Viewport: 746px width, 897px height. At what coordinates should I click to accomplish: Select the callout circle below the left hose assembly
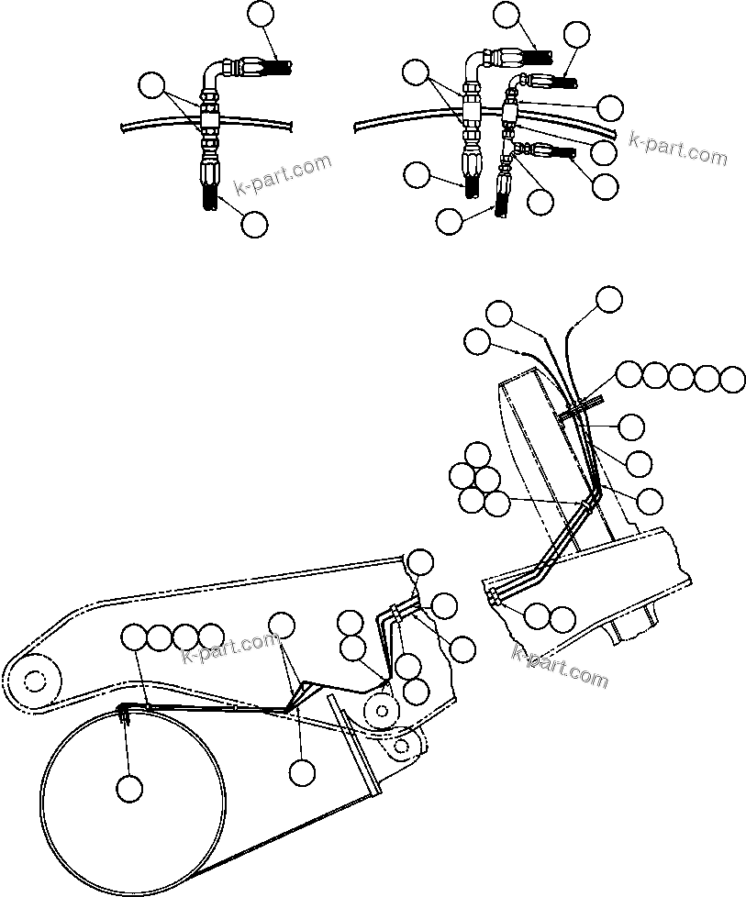pyautogui.click(x=254, y=223)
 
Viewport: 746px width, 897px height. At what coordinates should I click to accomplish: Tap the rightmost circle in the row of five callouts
pyautogui.click(x=733, y=378)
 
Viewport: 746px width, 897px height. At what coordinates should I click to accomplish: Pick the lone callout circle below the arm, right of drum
pyautogui.click(x=301, y=772)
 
